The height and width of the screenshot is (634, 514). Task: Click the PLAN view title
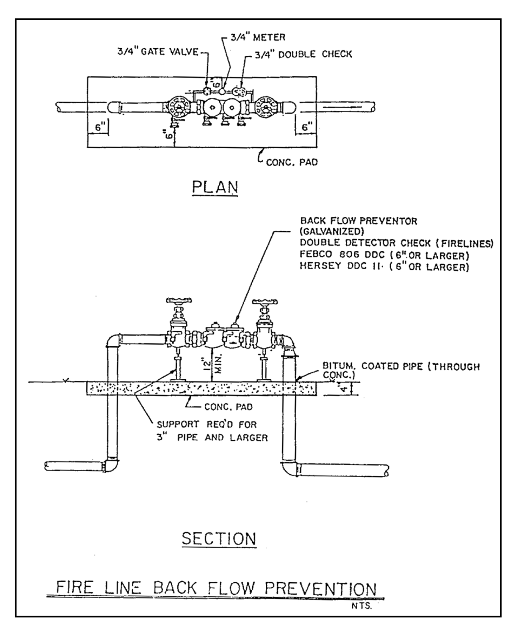coord(215,187)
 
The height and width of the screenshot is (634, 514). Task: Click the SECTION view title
coord(219,539)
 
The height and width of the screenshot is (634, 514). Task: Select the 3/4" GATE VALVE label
coord(158,52)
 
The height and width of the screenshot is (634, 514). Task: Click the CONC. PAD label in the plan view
coord(292,162)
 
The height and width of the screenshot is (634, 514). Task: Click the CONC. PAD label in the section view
coord(228,407)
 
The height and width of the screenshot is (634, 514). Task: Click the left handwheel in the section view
coord(179,300)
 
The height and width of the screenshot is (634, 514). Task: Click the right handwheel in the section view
coord(265,301)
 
